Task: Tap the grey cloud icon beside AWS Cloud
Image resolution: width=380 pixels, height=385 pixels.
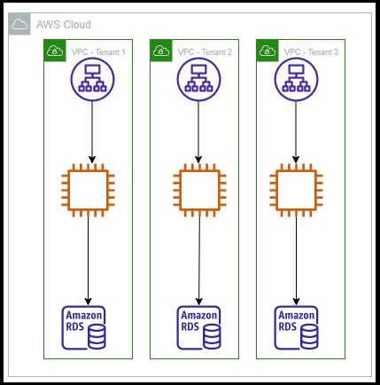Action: pyautogui.click(x=19, y=25)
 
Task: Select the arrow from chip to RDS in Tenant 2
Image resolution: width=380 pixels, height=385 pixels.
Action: pyautogui.click(x=194, y=262)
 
